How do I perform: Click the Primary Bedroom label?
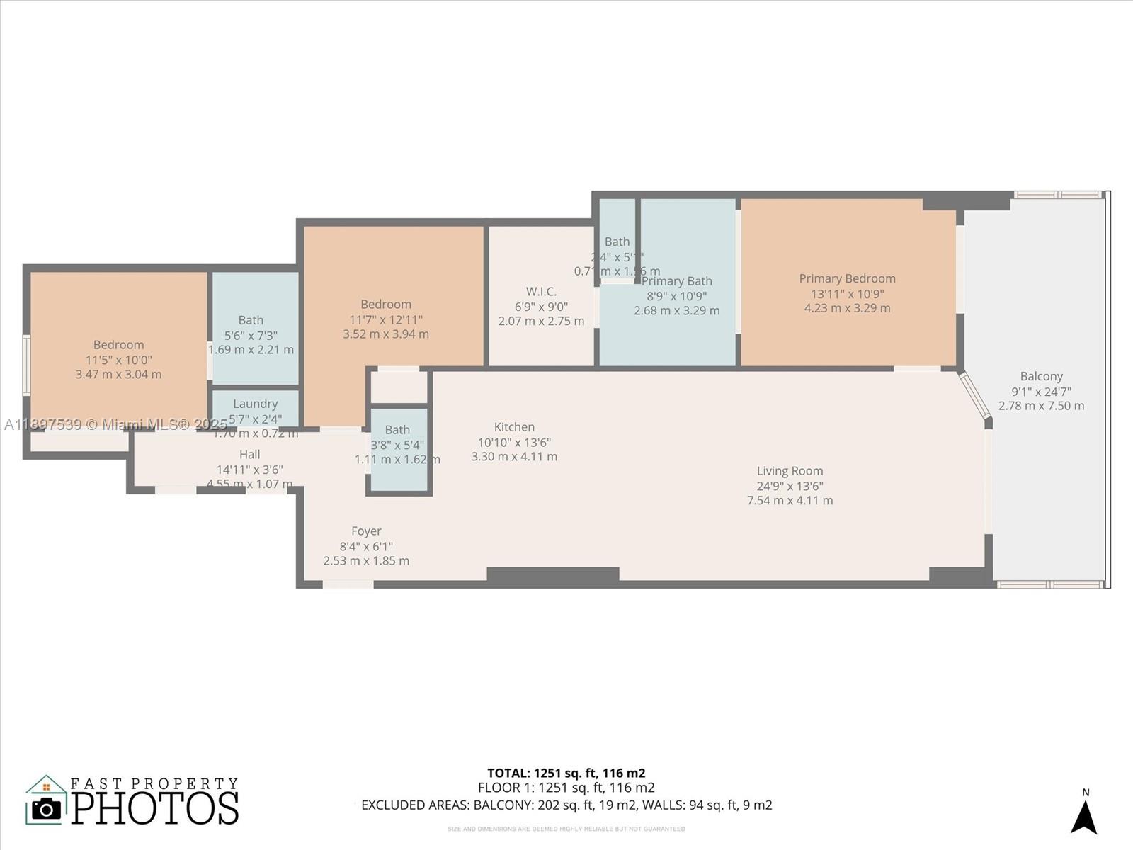(x=847, y=278)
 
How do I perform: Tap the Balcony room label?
(x=1041, y=376)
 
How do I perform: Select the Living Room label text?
(x=790, y=471)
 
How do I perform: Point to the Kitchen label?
(x=514, y=427)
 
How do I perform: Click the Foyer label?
(x=366, y=531)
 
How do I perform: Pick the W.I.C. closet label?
(x=541, y=291)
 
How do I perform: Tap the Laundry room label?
(x=255, y=404)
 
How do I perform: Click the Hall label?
(x=249, y=455)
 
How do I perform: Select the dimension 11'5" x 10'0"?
(x=118, y=360)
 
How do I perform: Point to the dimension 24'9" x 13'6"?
(x=790, y=486)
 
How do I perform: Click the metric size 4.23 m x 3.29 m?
(x=847, y=308)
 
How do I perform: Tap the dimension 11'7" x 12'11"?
(x=385, y=319)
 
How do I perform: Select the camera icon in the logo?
(x=47, y=808)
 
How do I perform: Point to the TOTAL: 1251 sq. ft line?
(x=566, y=773)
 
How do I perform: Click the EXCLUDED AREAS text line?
(x=566, y=805)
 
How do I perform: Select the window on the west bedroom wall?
(x=26, y=365)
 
